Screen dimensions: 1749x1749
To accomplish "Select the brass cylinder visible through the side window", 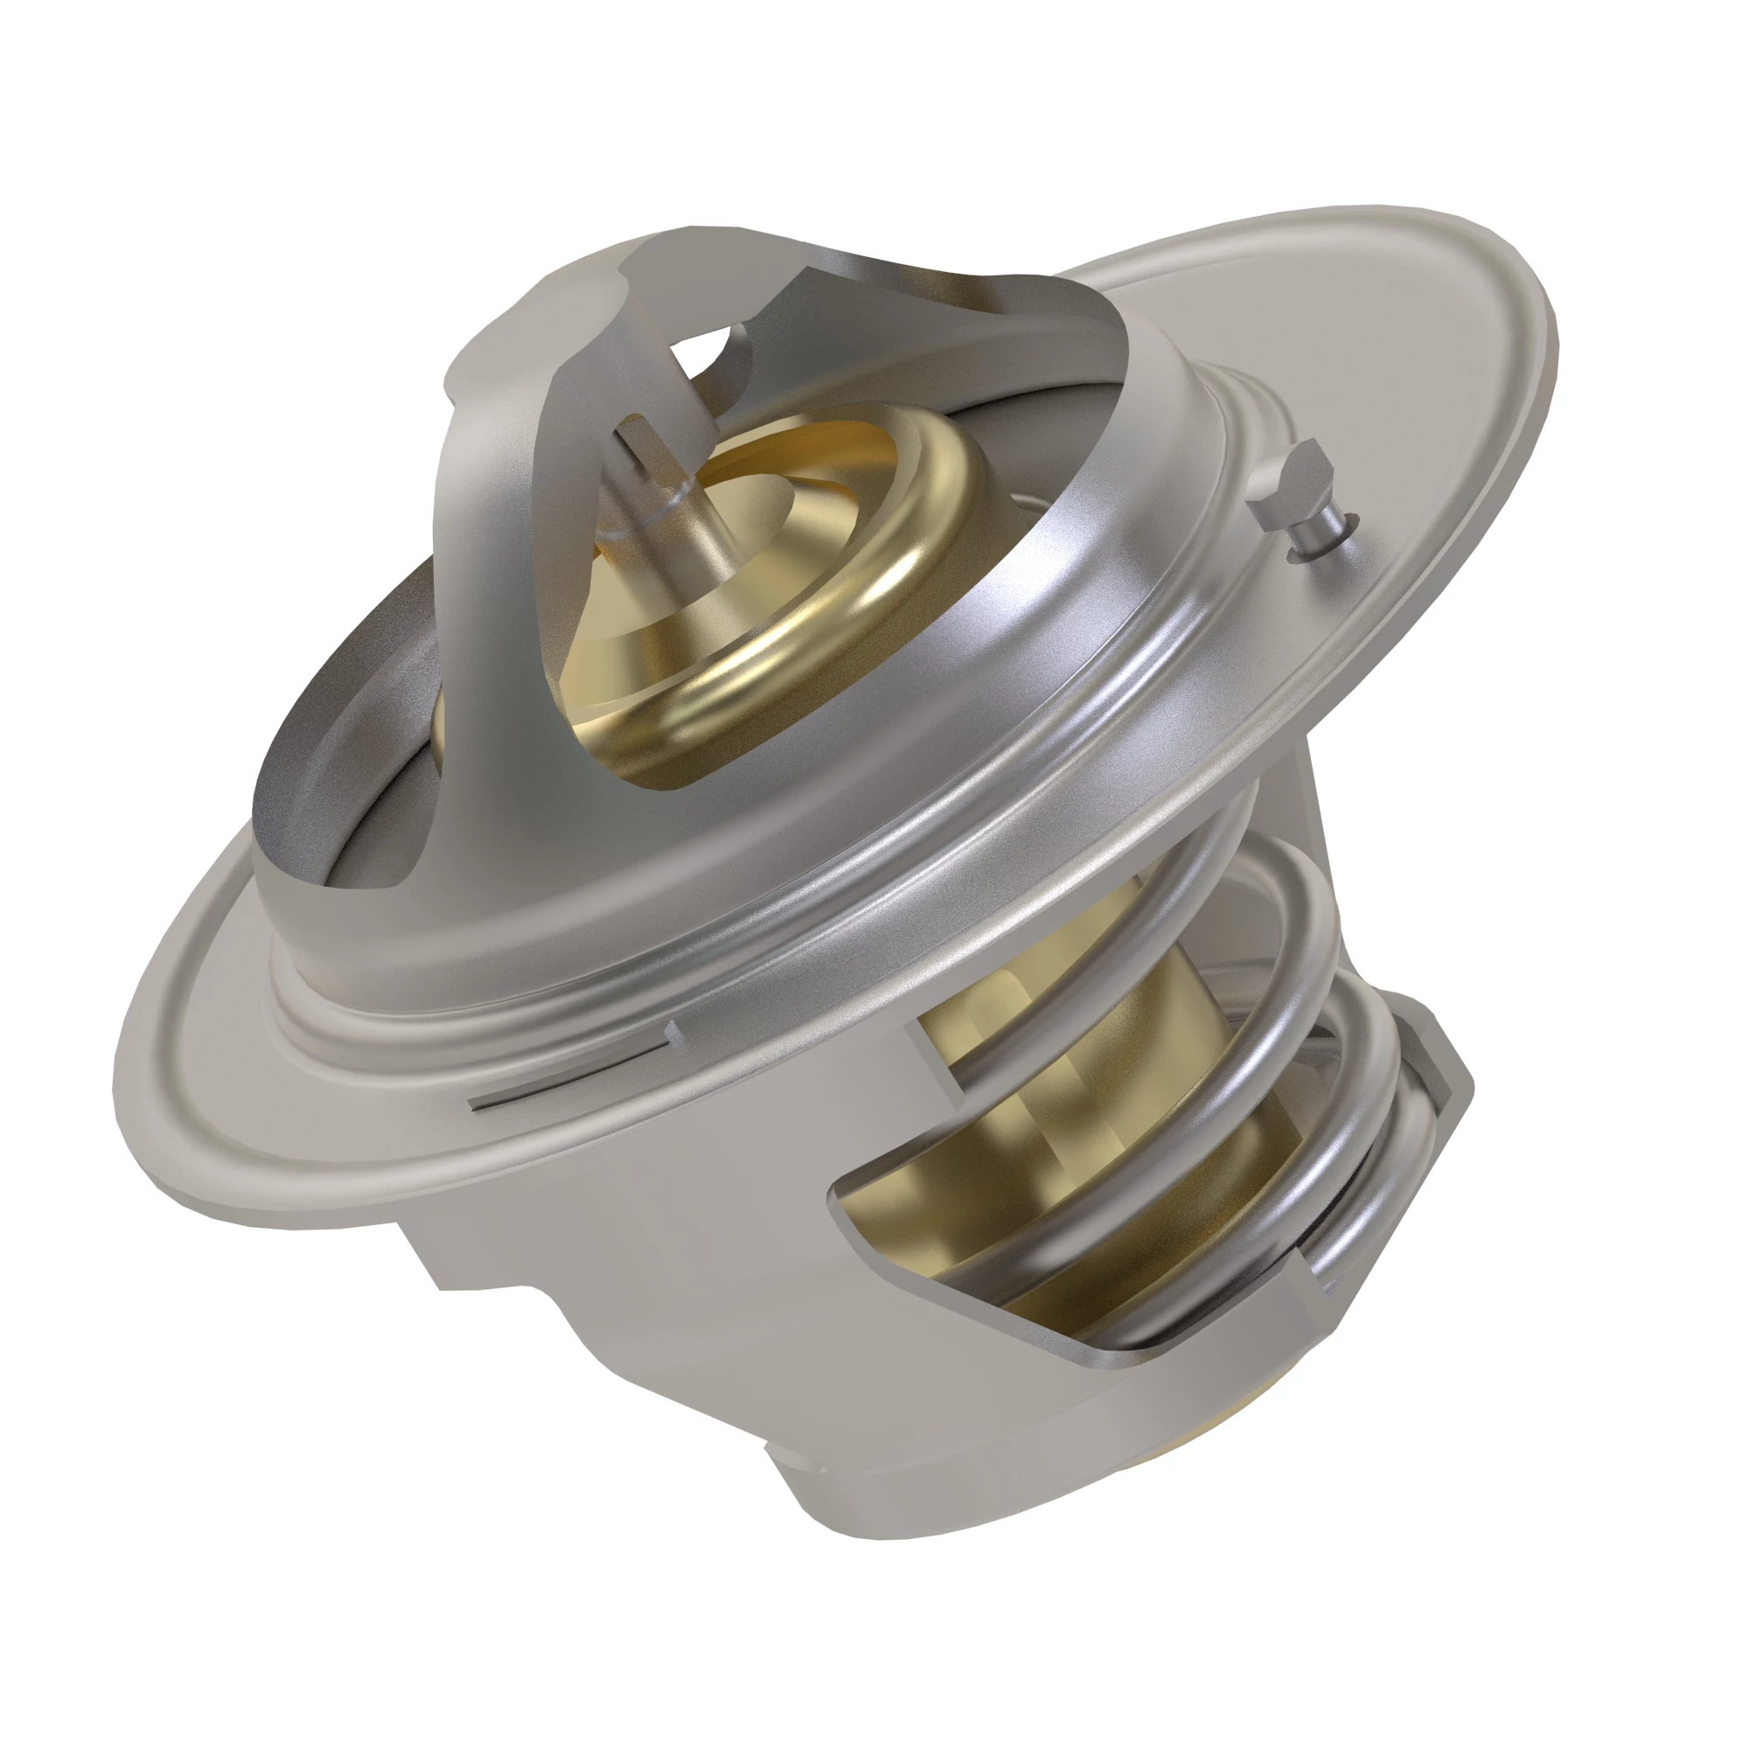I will pos(1059,1069).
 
